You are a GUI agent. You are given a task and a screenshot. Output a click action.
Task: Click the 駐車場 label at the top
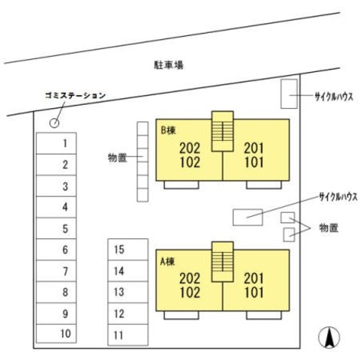[x=169, y=64]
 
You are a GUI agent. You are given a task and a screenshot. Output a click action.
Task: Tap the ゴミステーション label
[x=75, y=95]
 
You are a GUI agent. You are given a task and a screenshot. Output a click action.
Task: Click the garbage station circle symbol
[x=54, y=123]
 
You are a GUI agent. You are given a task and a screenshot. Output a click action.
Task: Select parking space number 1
[x=56, y=143]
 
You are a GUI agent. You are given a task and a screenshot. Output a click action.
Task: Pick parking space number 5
[x=56, y=228]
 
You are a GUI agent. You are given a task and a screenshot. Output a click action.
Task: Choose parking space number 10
[x=56, y=334]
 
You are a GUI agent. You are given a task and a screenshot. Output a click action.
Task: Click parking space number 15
[x=127, y=250]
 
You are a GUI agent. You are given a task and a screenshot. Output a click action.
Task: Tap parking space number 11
[x=127, y=335]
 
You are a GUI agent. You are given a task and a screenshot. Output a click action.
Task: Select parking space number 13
[x=127, y=292]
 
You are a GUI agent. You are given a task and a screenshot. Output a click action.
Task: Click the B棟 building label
[x=168, y=130]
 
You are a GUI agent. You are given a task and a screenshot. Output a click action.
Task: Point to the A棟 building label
[x=167, y=262]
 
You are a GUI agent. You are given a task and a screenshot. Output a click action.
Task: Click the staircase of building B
[x=223, y=131]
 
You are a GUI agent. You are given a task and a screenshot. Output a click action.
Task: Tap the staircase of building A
[x=223, y=262]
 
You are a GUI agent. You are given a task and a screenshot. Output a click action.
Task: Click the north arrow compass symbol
[x=329, y=337]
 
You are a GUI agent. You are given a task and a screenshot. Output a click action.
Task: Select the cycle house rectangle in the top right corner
[x=289, y=94]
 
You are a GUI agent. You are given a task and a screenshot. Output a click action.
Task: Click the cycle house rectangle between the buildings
[x=247, y=217]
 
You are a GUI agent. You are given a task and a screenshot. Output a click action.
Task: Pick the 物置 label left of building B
[x=117, y=157]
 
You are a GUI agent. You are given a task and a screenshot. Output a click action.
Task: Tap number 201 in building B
[x=253, y=148]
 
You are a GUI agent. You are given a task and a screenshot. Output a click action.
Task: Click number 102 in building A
[x=190, y=292]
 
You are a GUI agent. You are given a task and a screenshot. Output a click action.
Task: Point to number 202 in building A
[x=190, y=278]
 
